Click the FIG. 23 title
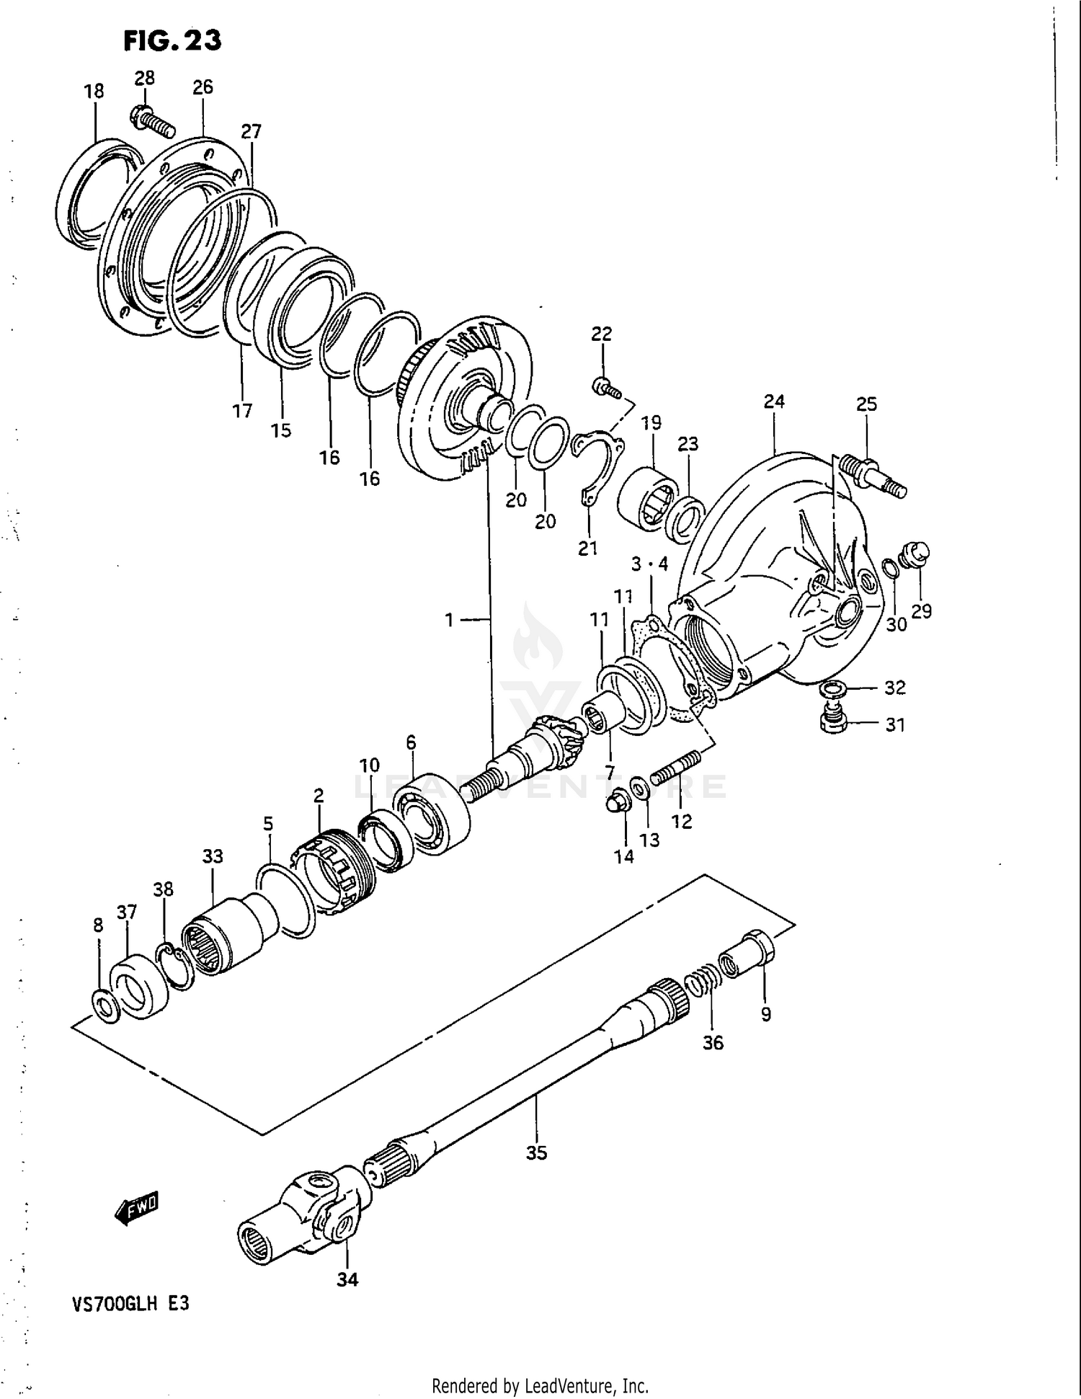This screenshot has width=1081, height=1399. pyautogui.click(x=172, y=40)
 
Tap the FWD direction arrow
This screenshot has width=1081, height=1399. pyautogui.click(x=137, y=1208)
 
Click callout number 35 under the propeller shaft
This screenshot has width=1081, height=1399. pyautogui.click(x=536, y=1152)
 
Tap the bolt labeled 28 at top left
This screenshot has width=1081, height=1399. pyautogui.click(x=153, y=122)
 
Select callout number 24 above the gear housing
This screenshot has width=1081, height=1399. pyautogui.click(x=774, y=401)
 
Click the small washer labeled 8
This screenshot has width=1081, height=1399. pyautogui.click(x=102, y=1001)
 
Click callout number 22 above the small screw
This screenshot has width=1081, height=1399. pyautogui.click(x=601, y=334)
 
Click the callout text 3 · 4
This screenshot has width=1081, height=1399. pyautogui.click(x=649, y=564)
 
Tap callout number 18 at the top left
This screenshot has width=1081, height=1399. pyautogui.click(x=94, y=92)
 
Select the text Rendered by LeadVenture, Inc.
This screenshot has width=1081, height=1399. pyautogui.click(x=540, y=1385)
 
